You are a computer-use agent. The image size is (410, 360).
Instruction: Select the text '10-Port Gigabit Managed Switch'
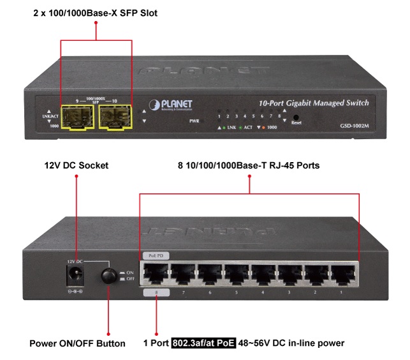314,103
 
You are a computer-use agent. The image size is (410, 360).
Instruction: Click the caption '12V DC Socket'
77,165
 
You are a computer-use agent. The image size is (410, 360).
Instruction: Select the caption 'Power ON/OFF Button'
77,343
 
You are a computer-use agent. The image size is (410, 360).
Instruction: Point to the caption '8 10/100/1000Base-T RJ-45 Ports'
249,165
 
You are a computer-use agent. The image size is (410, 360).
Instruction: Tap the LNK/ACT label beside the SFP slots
47,116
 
